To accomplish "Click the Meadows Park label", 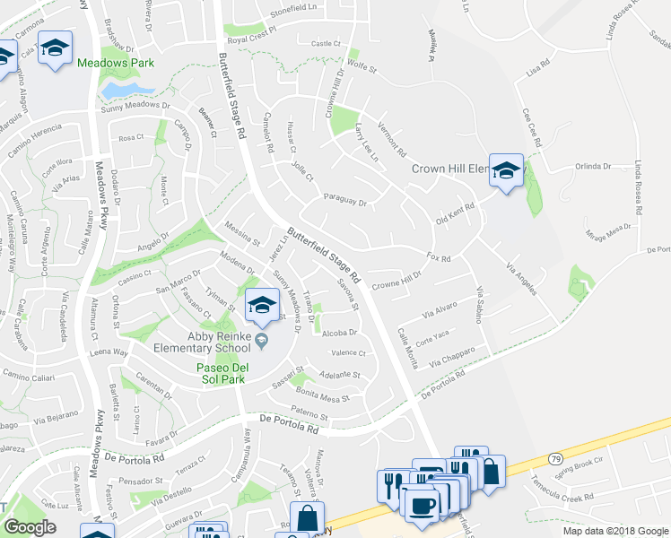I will (x=116, y=63).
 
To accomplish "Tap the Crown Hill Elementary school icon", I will (x=506, y=170).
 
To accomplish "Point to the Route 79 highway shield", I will (x=554, y=458).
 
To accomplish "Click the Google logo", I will (x=30, y=527).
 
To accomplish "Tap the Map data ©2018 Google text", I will (x=614, y=531).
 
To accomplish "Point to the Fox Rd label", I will (x=438, y=257).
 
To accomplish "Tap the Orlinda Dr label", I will (x=592, y=166).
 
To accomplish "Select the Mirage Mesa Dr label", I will (x=609, y=235).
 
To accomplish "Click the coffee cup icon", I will (x=419, y=503).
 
